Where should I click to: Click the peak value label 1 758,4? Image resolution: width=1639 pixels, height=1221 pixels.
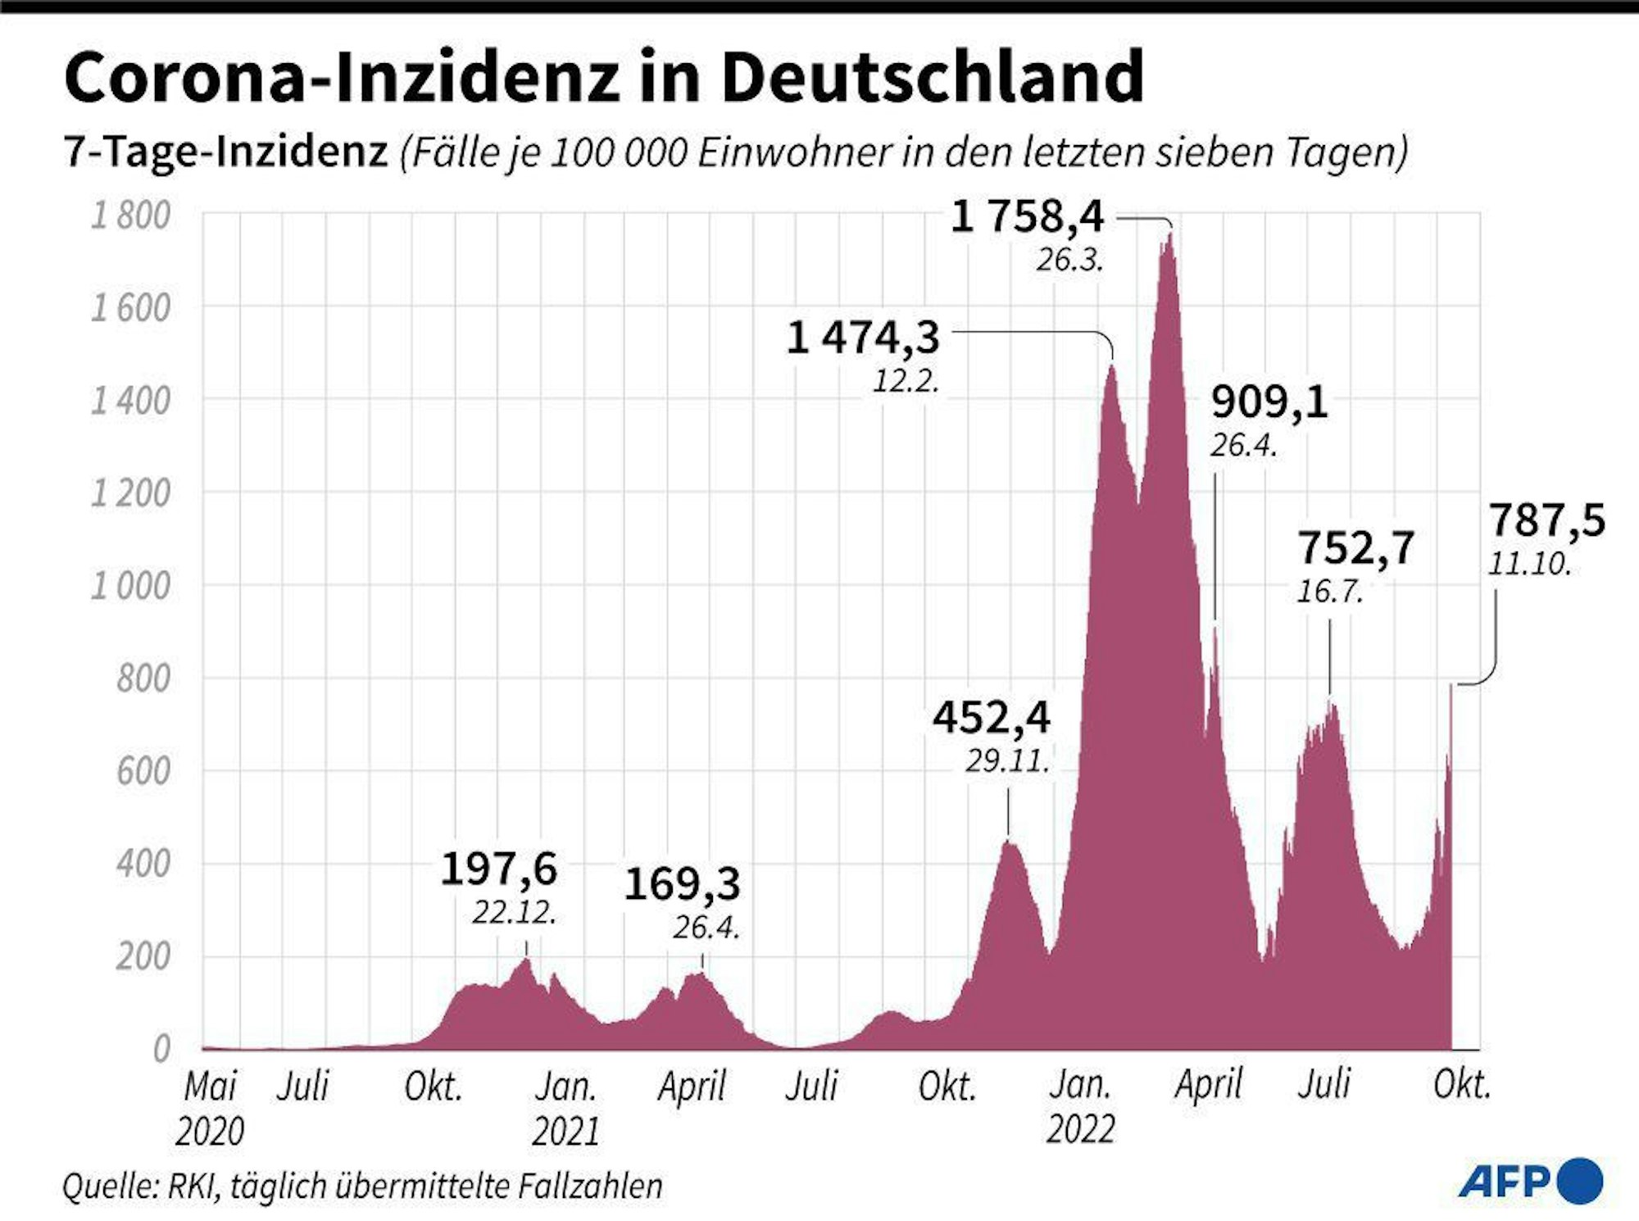pos(1028,218)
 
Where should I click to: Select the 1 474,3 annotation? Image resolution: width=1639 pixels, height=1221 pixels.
pos(863,338)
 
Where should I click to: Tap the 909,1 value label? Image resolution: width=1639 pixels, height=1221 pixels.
pos(1269,402)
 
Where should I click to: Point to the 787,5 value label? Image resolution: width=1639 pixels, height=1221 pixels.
pos(1546,520)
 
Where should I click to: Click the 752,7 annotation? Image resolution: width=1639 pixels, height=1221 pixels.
pos(1356,547)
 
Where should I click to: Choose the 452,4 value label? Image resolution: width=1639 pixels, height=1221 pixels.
pos(992,718)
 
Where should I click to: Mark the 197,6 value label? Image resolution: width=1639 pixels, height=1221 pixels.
pos(499,869)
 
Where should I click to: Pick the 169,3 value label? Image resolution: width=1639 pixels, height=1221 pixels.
pos(683,884)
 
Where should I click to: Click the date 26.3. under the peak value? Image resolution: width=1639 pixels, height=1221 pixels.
pos(1069,261)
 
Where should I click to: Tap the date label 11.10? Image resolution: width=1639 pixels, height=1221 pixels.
pos(1529,564)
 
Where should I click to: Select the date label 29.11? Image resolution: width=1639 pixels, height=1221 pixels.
pos(1007,761)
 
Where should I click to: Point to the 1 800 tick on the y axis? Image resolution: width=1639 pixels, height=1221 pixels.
pos(130,216)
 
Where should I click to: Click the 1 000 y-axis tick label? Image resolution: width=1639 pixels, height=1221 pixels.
pos(130,587)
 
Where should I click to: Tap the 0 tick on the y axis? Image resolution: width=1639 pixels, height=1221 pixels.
pos(161,1050)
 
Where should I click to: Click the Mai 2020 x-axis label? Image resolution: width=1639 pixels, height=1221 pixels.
pos(210,1108)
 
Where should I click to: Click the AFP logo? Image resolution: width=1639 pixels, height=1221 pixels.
pos(1529,1181)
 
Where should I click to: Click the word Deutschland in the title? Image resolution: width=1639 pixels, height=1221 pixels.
pos(932,76)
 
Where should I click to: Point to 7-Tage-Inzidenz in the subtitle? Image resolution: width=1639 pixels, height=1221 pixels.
pos(225,152)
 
